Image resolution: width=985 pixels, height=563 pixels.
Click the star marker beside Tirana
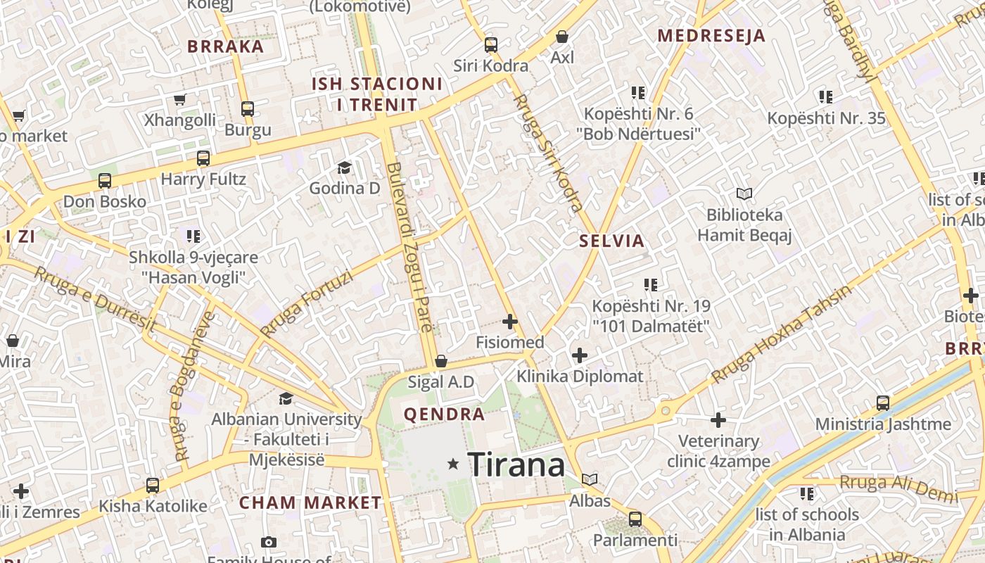[454, 464]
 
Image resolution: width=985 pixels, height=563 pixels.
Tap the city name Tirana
[516, 465]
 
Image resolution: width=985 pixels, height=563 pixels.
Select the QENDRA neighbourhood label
[444, 414]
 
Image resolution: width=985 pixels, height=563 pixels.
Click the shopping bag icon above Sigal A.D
[441, 361]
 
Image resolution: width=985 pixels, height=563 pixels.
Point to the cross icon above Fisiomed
[510, 322]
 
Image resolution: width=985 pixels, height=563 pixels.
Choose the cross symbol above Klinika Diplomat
[580, 355]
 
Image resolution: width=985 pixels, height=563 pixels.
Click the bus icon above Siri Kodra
[491, 45]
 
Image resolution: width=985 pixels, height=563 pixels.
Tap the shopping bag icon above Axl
[562, 37]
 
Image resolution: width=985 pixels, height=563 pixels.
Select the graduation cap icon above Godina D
[344, 167]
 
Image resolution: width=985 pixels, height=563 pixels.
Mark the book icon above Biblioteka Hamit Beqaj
[744, 194]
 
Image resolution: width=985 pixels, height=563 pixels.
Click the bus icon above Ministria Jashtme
[883, 403]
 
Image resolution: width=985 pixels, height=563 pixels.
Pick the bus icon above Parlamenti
[635, 519]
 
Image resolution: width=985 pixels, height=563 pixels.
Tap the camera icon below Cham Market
[268, 542]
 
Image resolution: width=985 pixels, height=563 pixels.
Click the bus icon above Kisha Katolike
[153, 485]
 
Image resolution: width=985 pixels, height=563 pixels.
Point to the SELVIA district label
[611, 241]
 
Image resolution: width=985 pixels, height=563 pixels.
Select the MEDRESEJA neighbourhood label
[711, 36]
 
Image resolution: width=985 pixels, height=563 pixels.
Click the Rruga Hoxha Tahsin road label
[781, 334]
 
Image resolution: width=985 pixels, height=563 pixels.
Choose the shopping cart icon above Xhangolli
[179, 100]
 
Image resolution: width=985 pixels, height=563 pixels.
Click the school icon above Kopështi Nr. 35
[826, 97]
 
